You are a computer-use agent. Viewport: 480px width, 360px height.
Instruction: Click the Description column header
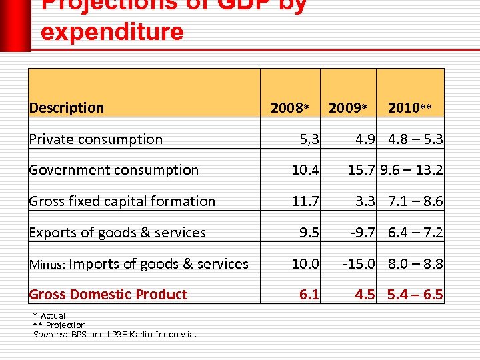[67, 108]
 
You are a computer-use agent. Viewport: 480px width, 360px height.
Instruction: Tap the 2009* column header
[348, 108]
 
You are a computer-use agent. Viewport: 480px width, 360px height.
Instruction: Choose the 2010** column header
[410, 108]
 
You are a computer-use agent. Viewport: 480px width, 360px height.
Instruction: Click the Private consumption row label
[96, 139]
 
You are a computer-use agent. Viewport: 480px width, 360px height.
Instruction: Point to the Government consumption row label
[113, 170]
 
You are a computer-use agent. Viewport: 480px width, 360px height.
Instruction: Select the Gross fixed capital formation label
[122, 201]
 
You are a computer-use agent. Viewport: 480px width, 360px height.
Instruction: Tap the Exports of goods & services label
[117, 233]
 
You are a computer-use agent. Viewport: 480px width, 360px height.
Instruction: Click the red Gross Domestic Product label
[108, 295]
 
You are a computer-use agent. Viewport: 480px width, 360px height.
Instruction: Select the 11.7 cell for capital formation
[305, 201]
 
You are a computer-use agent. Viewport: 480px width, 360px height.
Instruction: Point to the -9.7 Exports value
[361, 233]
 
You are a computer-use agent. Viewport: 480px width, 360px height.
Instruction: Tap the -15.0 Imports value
[358, 264]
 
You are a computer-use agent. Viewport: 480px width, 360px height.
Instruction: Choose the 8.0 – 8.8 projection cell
[416, 264]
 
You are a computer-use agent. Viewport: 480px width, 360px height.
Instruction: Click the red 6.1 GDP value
[309, 295]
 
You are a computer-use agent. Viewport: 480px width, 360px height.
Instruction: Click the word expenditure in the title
[112, 31]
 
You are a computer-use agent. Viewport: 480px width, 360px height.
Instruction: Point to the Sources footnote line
[115, 334]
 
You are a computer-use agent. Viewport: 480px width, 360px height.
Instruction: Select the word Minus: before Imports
[46, 265]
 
